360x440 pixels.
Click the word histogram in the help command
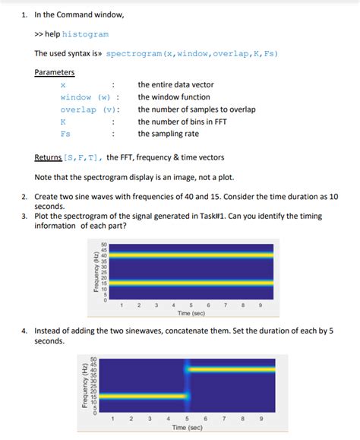pos(85,34)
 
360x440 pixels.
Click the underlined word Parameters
pos(54,72)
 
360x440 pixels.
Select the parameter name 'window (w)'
pos(85,97)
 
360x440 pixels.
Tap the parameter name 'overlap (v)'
pos(88,109)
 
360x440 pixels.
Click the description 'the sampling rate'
pos(168,133)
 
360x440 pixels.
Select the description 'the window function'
pos(174,97)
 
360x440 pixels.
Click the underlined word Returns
pos(48,158)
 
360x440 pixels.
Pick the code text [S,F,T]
pos(83,158)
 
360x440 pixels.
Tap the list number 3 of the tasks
pos(24,216)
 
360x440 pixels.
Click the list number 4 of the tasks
pos(24,331)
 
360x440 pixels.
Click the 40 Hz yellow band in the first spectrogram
pos(186,255)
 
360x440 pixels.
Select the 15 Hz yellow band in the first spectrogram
pos(186,283)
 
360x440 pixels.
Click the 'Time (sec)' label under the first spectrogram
pos(191,313)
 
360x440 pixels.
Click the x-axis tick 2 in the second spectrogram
pos(130,419)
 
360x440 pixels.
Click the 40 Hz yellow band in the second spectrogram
pos(228,369)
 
